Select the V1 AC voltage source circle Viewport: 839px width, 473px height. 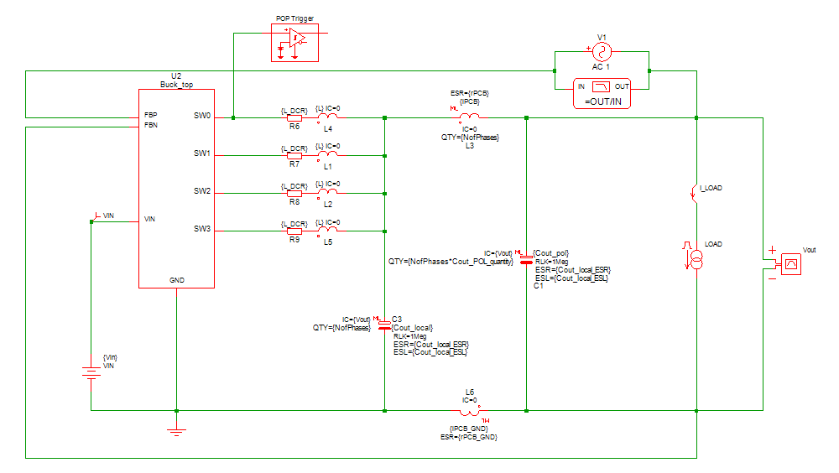coord(601,52)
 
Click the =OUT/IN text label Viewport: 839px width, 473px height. coord(602,101)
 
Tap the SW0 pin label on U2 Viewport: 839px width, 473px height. coord(202,115)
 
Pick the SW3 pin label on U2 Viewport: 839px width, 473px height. coord(202,229)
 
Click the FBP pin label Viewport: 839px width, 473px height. coord(150,115)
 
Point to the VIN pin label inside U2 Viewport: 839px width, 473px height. coord(150,219)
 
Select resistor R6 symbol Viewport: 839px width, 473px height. coord(294,118)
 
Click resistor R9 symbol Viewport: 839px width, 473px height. coord(294,231)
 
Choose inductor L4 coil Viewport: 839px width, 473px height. coord(328,118)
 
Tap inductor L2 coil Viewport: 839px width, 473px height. coord(328,193)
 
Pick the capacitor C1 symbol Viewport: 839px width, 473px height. coord(526,258)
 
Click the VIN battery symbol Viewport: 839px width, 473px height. coord(91,369)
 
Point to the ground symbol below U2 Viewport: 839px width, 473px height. coord(176,431)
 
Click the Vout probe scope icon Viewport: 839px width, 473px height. coord(789,265)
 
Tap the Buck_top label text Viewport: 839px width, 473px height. coord(176,85)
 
